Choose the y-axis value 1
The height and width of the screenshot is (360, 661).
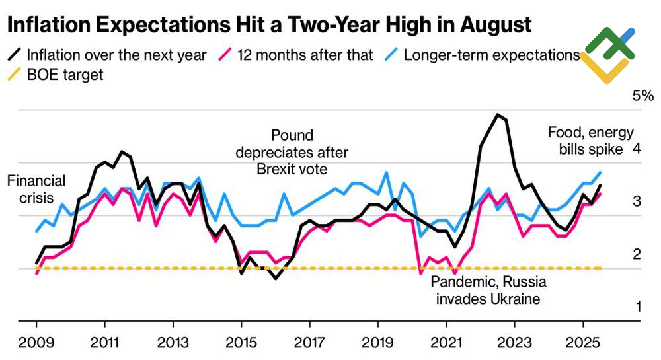pos(637,306)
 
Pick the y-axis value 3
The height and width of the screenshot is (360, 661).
pos(637,201)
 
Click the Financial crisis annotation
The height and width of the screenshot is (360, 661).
pos(36,188)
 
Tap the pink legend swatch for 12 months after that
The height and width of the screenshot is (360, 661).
pos(226,54)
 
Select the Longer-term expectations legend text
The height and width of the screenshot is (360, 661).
pos(492,55)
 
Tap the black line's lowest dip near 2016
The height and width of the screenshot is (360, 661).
pos(275,278)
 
